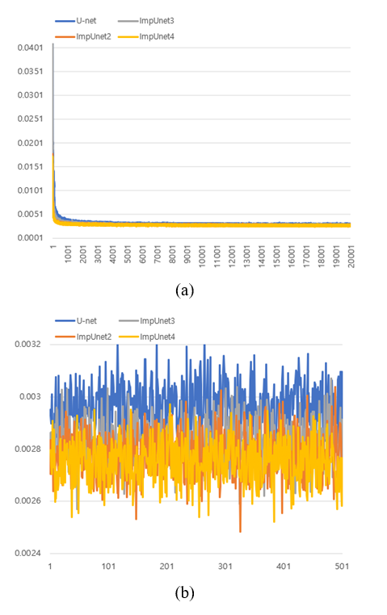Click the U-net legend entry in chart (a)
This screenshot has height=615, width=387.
76,21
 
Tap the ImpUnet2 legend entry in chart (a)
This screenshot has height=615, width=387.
83,36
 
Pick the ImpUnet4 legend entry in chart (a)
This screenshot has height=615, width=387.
146,36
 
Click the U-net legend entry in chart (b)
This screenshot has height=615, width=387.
76,321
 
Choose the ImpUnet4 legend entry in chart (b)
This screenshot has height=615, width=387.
147,337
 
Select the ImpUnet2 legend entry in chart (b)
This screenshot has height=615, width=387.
83,337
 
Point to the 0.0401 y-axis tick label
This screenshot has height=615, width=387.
30,48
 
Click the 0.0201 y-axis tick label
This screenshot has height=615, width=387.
30,143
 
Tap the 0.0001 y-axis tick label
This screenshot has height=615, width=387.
30,238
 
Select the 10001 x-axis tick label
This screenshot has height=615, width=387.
202,257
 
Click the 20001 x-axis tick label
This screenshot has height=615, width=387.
351,257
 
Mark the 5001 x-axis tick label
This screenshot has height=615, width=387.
128,254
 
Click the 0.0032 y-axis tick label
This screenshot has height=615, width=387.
27,345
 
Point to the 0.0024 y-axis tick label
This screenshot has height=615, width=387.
27,554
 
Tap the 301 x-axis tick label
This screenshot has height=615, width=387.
225,567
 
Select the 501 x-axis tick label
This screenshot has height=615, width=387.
342,567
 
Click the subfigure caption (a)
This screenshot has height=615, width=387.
185,291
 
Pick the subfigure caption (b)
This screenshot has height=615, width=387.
185,592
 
